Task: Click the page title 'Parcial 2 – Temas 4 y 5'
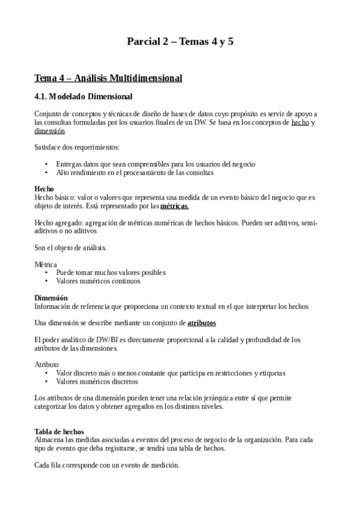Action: [180, 41]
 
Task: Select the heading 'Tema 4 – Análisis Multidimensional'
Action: [108, 78]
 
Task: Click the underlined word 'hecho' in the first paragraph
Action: [300, 122]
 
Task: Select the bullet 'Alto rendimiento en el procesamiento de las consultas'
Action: [135, 173]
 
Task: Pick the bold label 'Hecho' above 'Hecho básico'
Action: [44, 189]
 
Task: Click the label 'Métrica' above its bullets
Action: [46, 264]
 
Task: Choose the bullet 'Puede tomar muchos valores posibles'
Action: [111, 272]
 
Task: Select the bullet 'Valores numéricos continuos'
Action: [98, 281]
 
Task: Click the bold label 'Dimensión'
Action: [51, 298]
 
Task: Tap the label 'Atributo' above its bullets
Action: [46, 364]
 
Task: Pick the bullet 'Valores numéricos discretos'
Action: [97, 381]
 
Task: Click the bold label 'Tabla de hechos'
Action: [59, 431]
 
